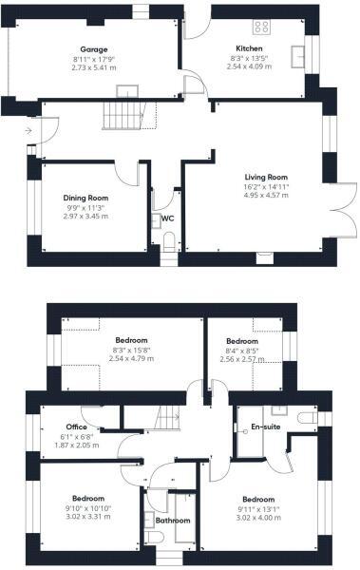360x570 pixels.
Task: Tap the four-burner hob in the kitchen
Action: (x=261, y=28)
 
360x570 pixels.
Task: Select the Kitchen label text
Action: (x=250, y=47)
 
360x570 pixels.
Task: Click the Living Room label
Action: (x=266, y=177)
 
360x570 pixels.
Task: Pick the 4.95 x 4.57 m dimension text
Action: (x=266, y=198)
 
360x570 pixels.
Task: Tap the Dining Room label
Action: (x=85, y=197)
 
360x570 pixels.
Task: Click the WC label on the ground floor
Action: (x=167, y=218)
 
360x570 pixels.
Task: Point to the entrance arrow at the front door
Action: (x=29, y=130)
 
